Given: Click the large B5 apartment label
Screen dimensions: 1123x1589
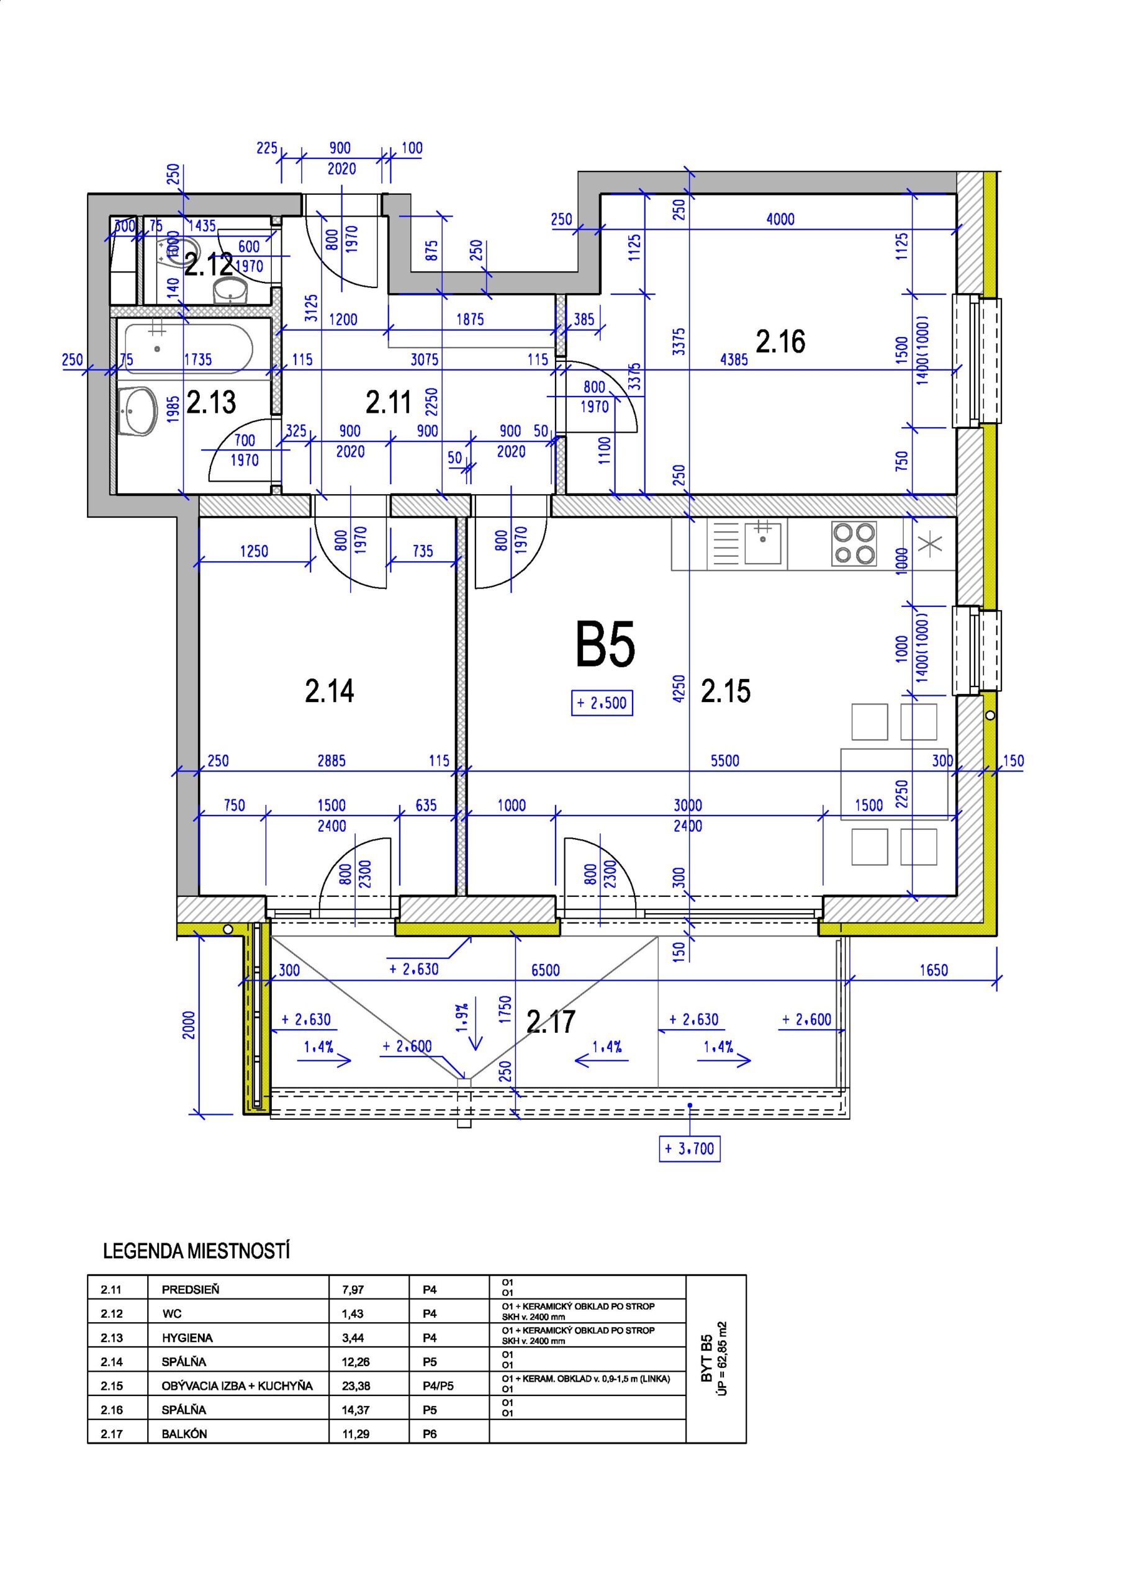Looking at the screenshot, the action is [605, 645].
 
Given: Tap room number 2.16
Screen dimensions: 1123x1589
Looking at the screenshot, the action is [780, 342].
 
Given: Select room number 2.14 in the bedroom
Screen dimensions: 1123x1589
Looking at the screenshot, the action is [330, 691].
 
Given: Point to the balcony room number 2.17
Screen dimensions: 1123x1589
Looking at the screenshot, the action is [551, 1022].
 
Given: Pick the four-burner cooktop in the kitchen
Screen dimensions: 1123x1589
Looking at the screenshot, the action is [854, 542].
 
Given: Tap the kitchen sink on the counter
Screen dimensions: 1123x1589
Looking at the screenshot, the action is [763, 543].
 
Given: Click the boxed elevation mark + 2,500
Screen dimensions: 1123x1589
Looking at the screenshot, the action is [602, 703].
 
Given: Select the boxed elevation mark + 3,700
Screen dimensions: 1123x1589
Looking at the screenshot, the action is [690, 1148].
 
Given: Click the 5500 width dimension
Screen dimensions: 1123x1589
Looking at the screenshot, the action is [725, 760].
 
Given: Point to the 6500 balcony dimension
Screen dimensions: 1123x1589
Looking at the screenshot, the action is [545, 970].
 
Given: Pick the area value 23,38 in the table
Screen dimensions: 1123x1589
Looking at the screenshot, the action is [356, 1385].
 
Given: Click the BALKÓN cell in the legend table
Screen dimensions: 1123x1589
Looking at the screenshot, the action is [184, 1434].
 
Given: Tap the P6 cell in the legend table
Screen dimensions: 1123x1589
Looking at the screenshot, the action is [429, 1434].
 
